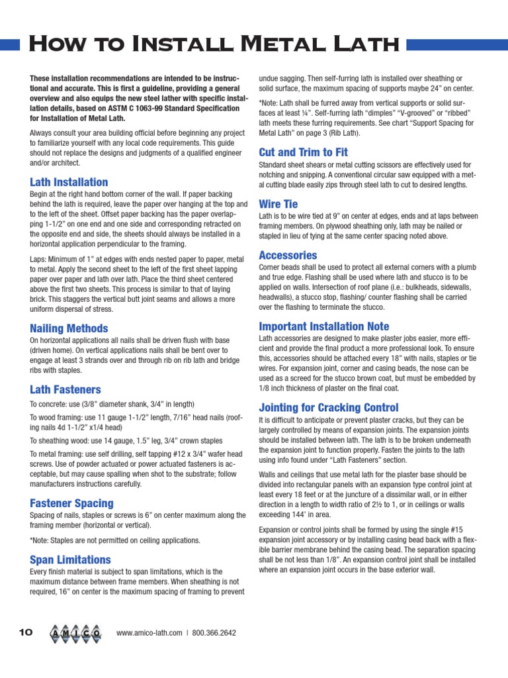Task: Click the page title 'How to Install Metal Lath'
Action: [x=214, y=45]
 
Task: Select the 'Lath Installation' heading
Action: [x=69, y=182]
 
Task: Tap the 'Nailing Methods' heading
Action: [x=69, y=328]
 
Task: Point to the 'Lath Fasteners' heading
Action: [x=65, y=389]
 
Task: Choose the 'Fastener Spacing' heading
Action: [x=71, y=503]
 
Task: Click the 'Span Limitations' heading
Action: [x=70, y=559]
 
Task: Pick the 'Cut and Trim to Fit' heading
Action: [x=303, y=152]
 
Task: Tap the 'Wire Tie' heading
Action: [x=278, y=204]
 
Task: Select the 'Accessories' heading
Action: [x=288, y=255]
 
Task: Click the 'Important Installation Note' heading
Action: [x=324, y=326]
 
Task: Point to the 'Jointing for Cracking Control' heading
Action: [x=328, y=407]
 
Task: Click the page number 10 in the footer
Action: [x=25, y=633]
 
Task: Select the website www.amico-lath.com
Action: [x=149, y=633]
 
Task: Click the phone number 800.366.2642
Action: [x=214, y=633]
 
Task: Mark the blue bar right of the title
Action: [x=456, y=44]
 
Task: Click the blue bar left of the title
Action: [x=10, y=44]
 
